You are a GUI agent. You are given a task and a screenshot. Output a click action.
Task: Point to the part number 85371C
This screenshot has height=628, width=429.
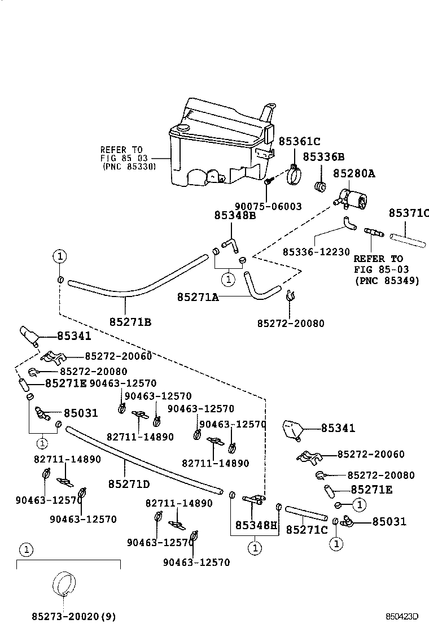coord(409,213)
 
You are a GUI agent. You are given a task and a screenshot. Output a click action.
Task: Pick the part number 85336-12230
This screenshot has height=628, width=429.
coord(316,252)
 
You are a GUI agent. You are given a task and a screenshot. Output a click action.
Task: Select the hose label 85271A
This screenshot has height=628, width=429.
coord(198,296)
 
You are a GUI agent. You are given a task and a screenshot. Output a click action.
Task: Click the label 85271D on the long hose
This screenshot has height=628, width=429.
coord(129,484)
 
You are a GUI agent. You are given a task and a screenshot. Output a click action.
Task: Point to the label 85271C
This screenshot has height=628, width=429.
coord(307,530)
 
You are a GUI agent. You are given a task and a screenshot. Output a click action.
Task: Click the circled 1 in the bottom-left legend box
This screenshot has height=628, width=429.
coord(25,549)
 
